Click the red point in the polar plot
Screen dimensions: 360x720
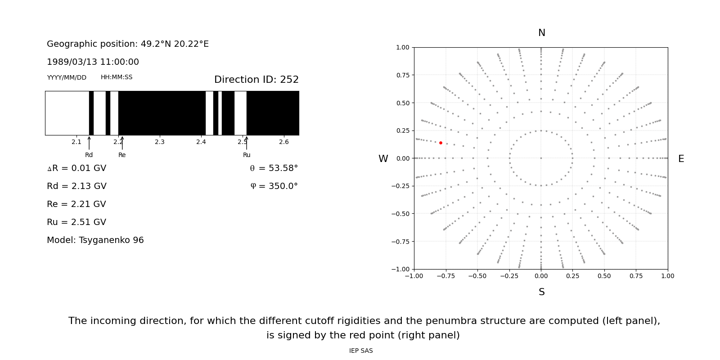441,143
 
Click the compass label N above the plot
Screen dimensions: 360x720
541,33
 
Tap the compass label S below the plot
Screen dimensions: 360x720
541,292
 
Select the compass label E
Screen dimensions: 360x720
681,159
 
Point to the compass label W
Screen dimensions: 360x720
383,159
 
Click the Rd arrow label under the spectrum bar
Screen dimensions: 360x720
89,155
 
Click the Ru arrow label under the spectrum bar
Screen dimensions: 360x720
247,155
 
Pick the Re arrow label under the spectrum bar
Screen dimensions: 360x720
122,155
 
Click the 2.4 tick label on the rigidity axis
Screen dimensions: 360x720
201,142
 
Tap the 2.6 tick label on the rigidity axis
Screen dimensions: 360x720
284,142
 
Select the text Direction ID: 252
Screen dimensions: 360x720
256,80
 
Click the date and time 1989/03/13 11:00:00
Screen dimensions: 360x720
93,62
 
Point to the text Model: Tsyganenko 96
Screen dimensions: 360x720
95,240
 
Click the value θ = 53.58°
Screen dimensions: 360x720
274,168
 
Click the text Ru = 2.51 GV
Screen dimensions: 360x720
76,222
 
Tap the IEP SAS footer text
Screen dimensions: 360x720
361,351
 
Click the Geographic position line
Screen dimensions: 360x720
128,44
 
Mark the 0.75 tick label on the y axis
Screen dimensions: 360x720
402,75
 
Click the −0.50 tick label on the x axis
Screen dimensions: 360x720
477,276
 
